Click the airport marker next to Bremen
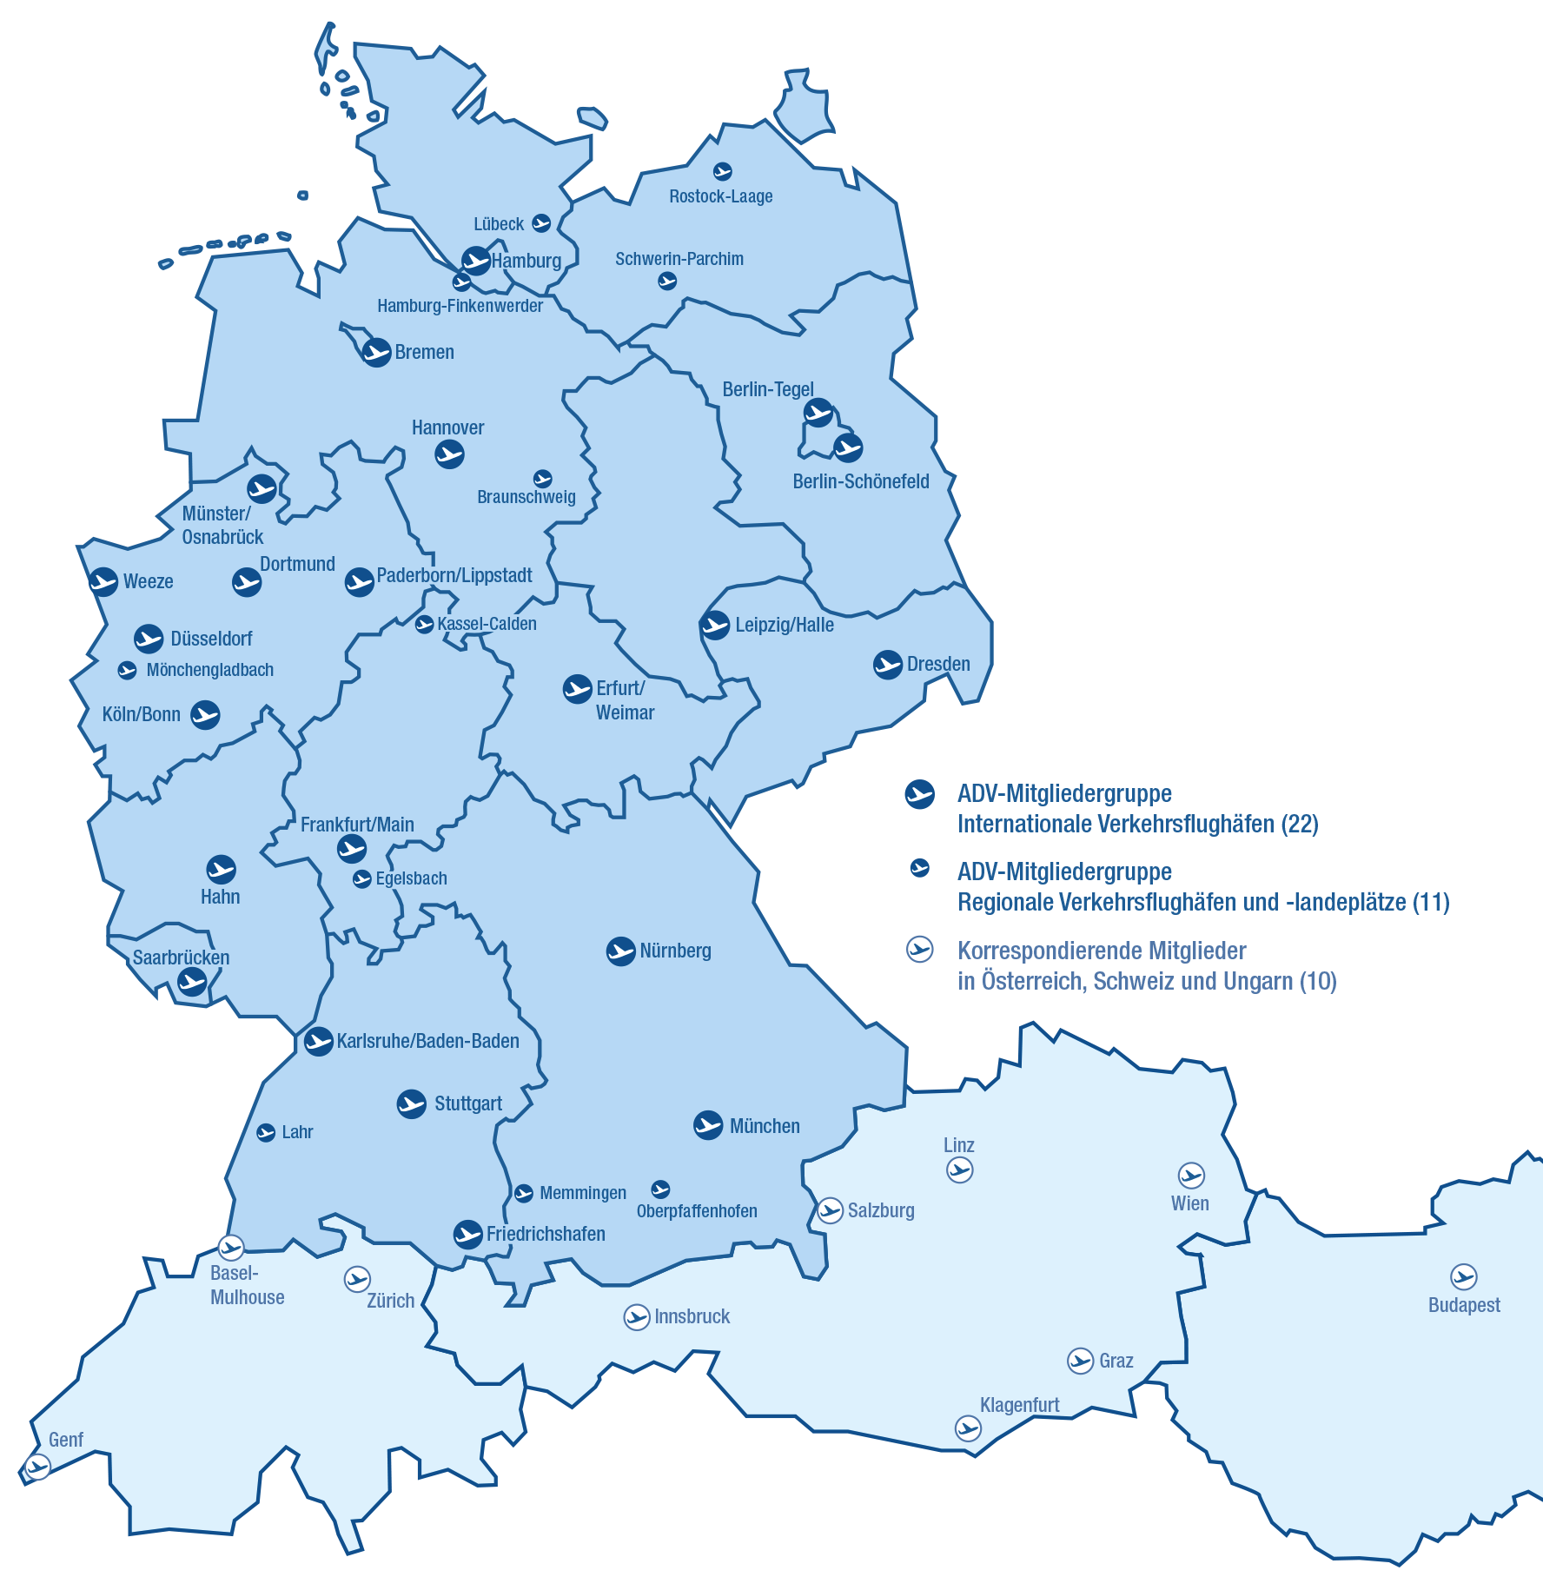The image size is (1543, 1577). pos(376,352)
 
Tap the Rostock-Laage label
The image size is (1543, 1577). pos(720,196)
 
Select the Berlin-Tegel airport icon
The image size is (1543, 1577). pos(818,413)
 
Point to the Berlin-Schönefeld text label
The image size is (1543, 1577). pos(860,481)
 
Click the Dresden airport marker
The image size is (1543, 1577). pos(888,665)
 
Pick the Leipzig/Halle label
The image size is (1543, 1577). pos(784,625)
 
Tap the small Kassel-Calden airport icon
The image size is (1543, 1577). pos(424,624)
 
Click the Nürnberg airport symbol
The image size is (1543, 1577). pos(621,951)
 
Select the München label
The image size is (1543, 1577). pos(764,1126)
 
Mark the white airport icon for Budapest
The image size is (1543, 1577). pos(1464,1276)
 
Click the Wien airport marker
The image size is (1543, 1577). pos(1191,1176)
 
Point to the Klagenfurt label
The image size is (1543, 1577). pos(1019,1405)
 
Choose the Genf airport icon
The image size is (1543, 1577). pos(37,1468)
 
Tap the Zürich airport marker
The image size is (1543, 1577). pos(357,1279)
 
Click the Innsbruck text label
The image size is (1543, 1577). pos(692,1316)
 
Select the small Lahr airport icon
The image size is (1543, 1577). pos(266,1132)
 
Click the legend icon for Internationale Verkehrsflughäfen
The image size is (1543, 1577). pos(919,794)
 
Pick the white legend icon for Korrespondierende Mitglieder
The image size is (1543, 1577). pos(919,950)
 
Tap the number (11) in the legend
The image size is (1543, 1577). pos(1431,902)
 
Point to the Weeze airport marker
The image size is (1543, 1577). pos(104,581)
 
